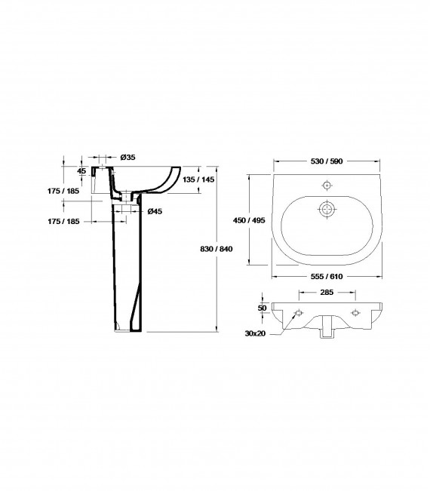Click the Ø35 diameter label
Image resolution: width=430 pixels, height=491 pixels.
[127, 157]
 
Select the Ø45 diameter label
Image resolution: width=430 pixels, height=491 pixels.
[155, 210]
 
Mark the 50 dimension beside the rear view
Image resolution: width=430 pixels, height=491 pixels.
[263, 308]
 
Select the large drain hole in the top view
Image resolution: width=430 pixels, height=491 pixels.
[326, 208]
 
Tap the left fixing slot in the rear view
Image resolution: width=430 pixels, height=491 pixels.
[298, 312]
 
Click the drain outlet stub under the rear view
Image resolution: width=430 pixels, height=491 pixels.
[327, 331]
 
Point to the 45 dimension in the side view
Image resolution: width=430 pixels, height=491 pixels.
[82, 170]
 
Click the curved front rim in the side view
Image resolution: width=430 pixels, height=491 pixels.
[171, 180]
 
